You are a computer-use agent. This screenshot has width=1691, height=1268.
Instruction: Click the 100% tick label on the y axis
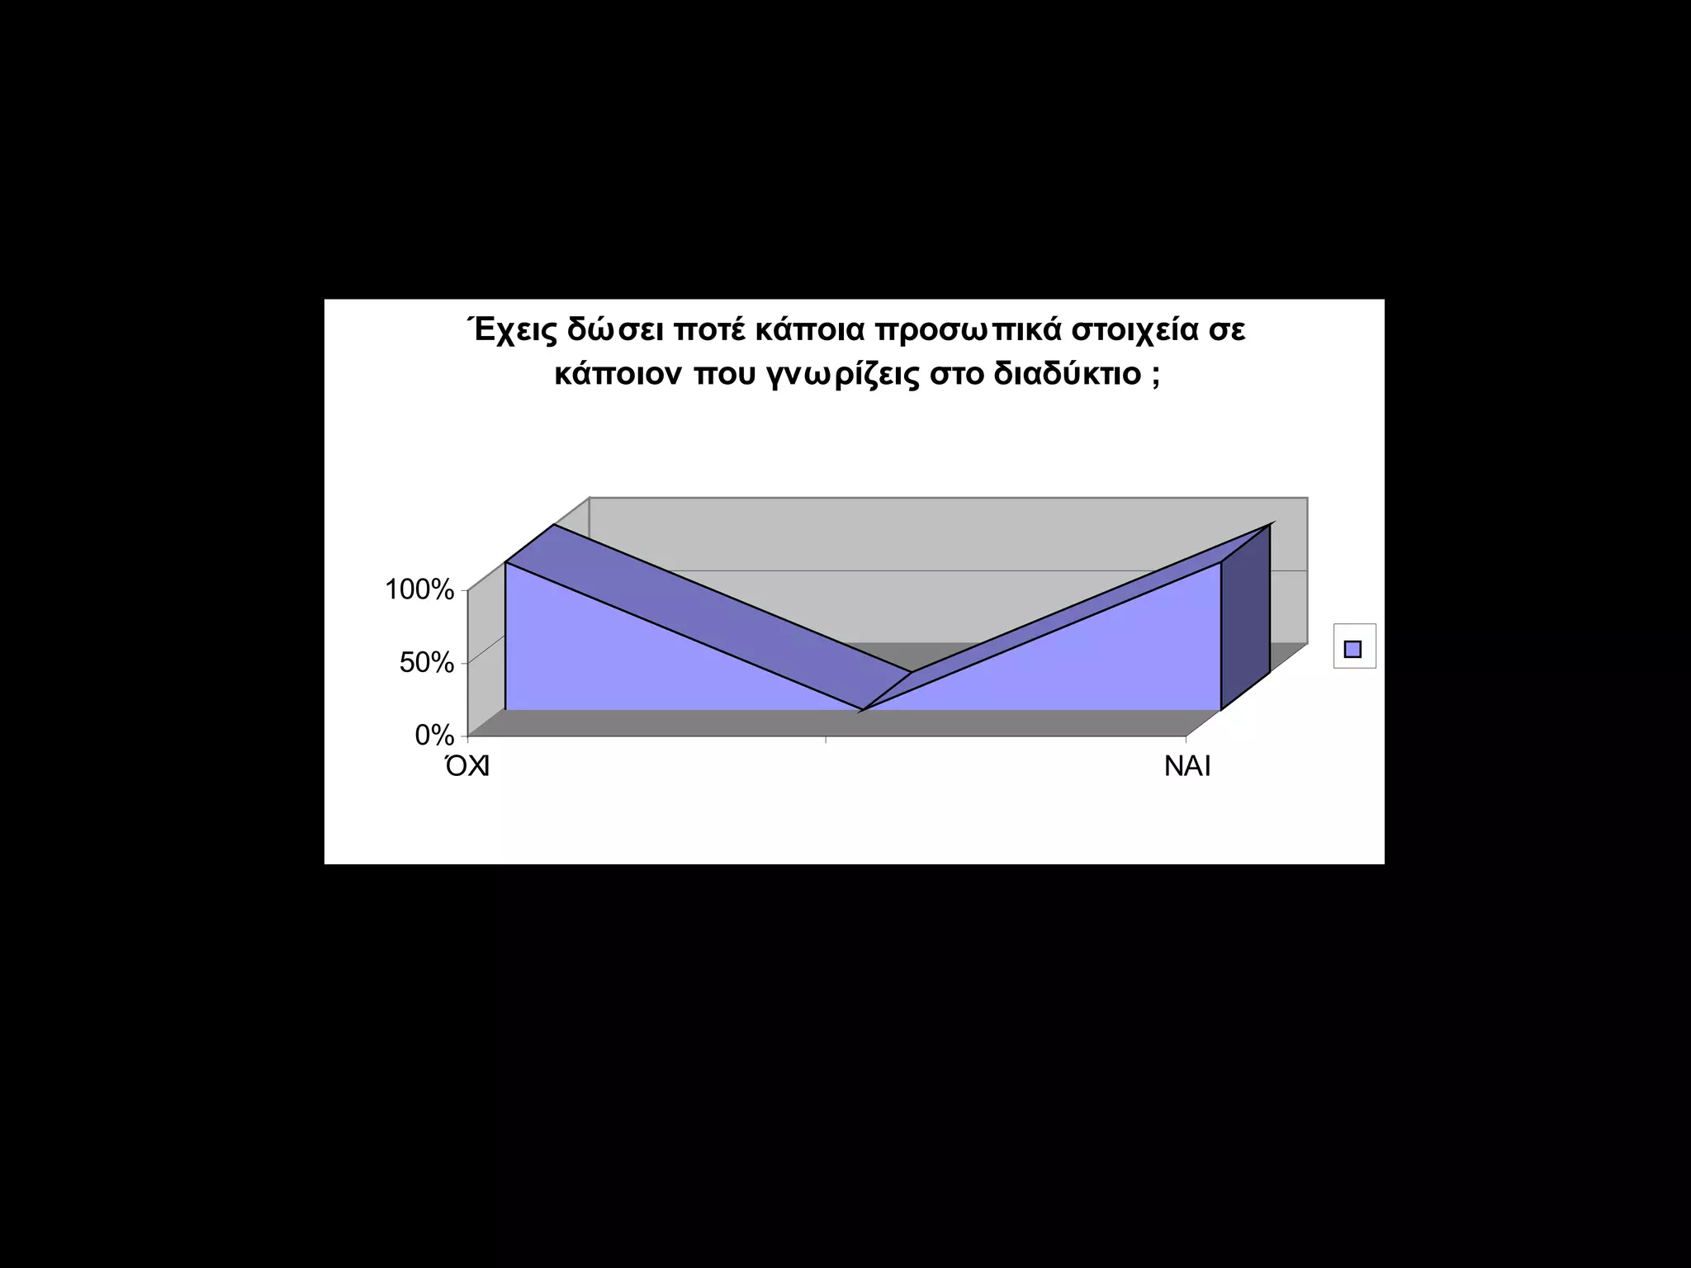419,590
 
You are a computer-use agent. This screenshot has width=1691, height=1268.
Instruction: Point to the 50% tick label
427,663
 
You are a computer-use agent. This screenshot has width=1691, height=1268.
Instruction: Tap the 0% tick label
434,735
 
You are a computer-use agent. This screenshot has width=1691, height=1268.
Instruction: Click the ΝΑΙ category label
1187,767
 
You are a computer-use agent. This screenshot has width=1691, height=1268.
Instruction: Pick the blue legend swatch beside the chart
1353,649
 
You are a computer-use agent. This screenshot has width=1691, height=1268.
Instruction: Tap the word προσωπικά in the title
966,330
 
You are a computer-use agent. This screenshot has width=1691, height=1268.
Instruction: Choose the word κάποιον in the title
618,374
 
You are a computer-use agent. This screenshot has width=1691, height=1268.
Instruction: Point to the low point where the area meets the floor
862,709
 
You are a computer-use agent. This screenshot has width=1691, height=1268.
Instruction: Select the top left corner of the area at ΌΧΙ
505,563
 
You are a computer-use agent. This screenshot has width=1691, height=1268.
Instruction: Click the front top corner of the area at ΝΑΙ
1220,563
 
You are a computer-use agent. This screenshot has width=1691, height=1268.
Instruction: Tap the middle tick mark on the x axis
826,739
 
